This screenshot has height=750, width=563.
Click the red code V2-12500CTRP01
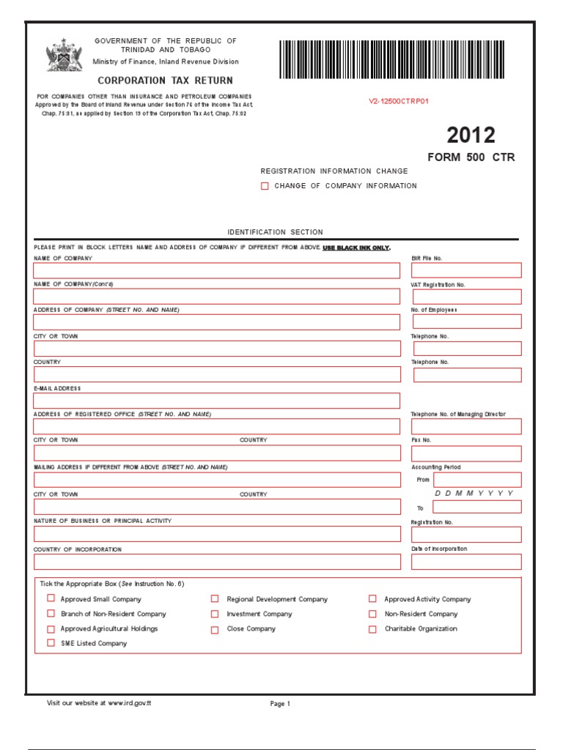(398, 101)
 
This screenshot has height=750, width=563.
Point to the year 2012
(471, 135)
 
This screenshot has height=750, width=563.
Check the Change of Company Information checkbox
(265, 186)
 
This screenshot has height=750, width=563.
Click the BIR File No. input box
(467, 270)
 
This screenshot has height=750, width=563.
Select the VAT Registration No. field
(467, 297)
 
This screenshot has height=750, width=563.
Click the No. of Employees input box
(467, 322)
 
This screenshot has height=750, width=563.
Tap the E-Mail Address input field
(217, 401)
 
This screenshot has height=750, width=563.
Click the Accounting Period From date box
(477, 480)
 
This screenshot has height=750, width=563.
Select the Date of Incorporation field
(467, 562)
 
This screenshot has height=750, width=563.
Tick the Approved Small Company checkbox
(51, 598)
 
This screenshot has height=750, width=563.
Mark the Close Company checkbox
(215, 629)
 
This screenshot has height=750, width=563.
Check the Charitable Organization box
(372, 629)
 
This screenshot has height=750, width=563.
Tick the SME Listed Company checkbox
(51, 643)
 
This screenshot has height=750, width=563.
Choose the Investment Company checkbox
(215, 614)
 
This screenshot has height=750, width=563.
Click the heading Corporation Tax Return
(165, 81)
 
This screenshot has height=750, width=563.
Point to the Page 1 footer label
(280, 704)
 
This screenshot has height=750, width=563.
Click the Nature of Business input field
(217, 533)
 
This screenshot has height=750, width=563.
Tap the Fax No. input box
(467, 453)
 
